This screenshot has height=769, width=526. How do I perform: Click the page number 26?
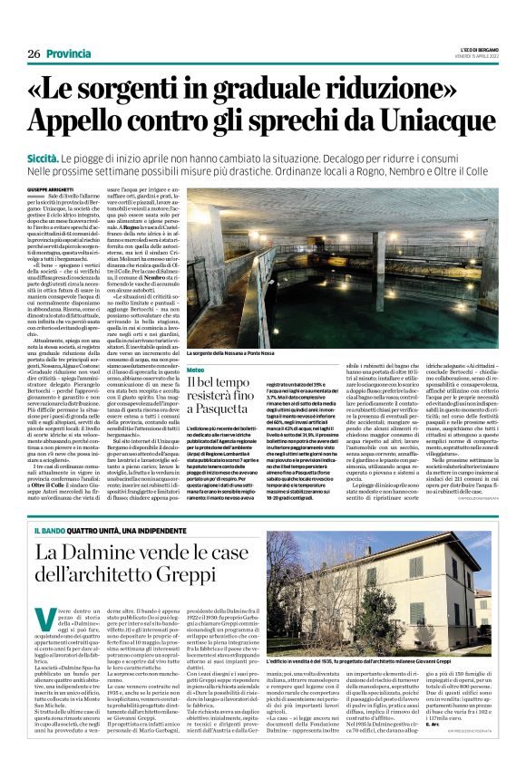[34, 53]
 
